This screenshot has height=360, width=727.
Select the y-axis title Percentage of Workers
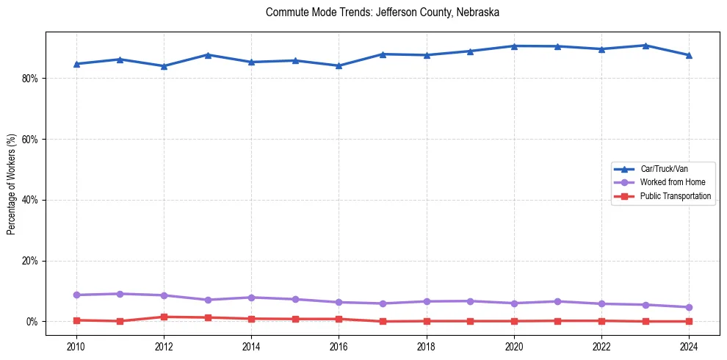coord(11,184)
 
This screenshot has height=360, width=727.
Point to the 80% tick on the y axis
coord(31,79)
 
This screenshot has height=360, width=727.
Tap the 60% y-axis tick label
coord(31,140)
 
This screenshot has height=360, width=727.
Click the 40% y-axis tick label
coord(31,201)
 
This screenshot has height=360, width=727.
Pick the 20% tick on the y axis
coord(31,262)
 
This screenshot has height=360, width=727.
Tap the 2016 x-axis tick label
coord(339,345)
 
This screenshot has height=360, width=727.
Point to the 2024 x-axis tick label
coord(689,345)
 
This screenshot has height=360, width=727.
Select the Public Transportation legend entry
coord(675,196)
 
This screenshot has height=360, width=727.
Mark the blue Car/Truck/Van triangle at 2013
coord(208,55)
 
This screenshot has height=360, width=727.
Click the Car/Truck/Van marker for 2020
coord(514,46)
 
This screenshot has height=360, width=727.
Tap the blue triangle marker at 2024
coord(689,55)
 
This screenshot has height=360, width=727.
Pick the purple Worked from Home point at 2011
coord(120,294)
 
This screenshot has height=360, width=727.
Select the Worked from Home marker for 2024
coord(689,307)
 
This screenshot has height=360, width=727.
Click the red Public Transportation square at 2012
coord(164,317)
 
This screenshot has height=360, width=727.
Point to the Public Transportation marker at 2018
coord(427,321)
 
